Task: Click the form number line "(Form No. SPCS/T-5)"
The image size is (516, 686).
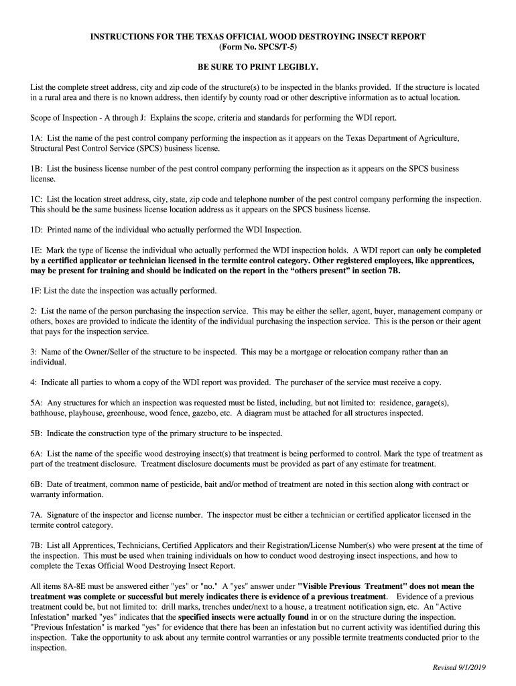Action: point(258,47)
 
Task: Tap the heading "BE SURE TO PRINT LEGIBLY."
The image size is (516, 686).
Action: point(258,68)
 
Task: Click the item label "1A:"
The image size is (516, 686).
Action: point(37,138)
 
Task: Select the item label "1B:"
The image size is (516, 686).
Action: point(37,169)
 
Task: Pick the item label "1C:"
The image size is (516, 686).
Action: point(37,200)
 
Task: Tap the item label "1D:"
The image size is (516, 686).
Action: point(37,230)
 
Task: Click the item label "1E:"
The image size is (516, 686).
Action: point(37,251)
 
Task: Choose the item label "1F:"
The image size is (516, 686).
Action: point(37,291)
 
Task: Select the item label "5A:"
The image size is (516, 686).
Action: point(37,403)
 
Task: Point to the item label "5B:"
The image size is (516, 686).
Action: point(37,433)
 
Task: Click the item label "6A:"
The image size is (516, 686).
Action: point(37,454)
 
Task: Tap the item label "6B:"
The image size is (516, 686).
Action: point(37,484)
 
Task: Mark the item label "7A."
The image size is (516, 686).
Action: point(37,514)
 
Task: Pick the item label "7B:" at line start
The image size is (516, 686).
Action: point(37,545)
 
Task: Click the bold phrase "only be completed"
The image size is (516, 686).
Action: point(448,251)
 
